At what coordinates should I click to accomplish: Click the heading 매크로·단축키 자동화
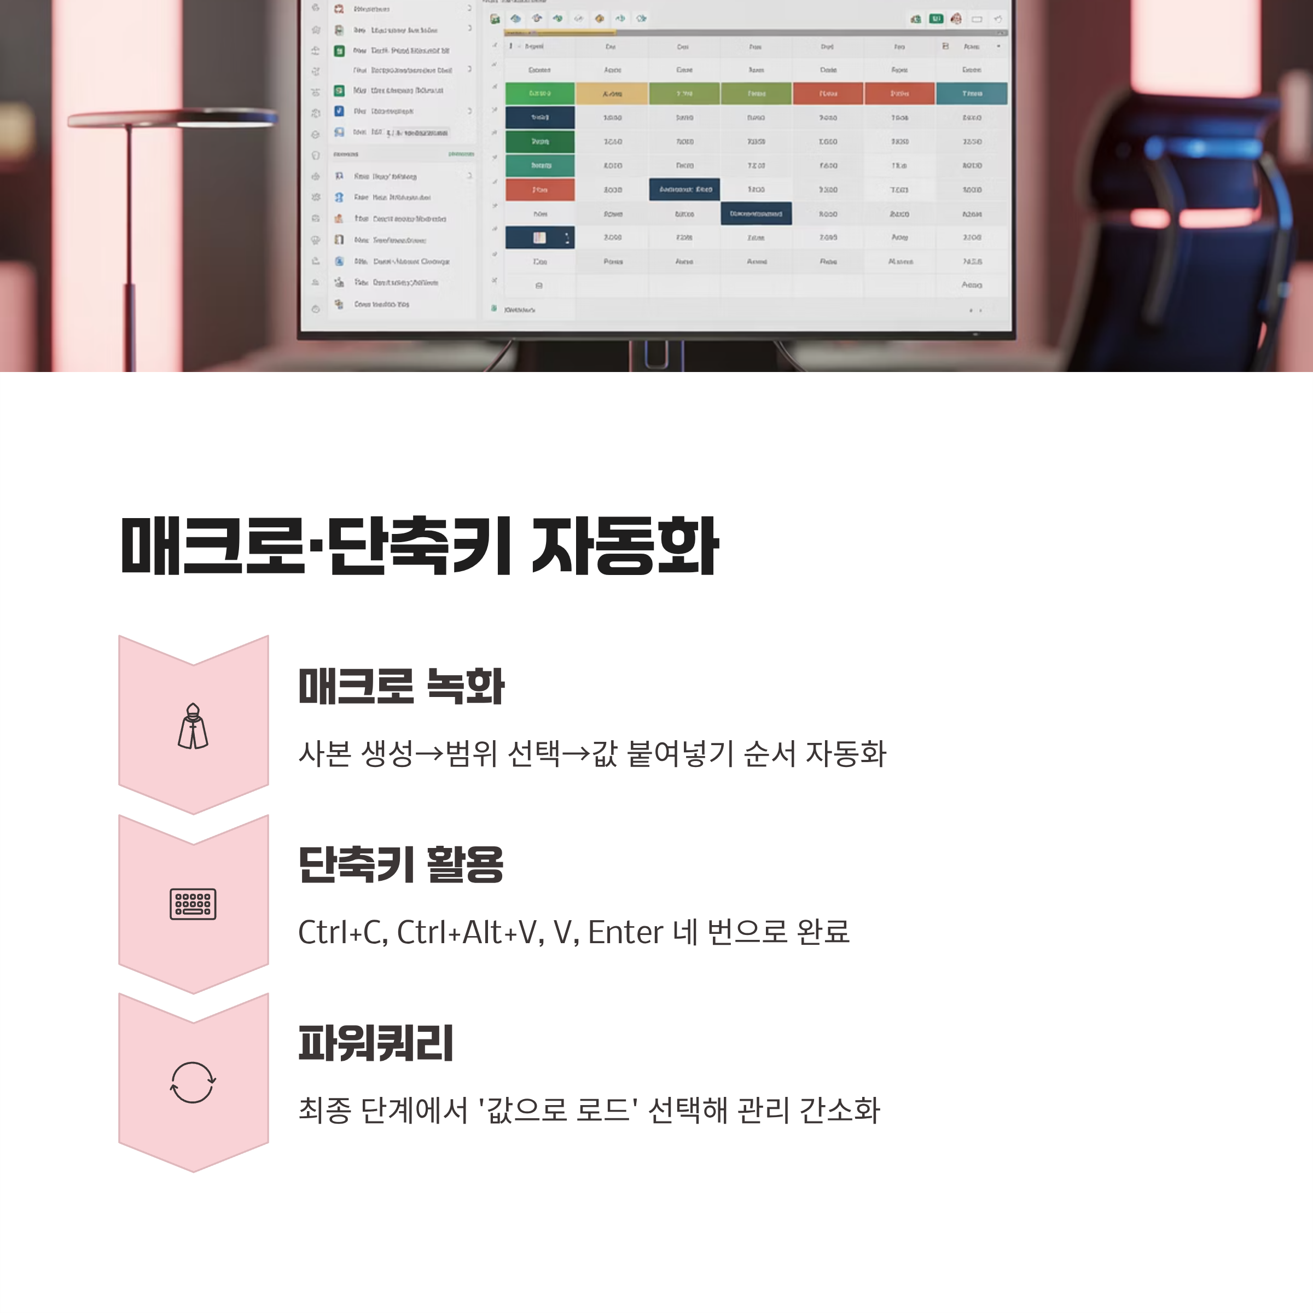coord(419,547)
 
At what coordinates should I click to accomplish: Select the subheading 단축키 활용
coord(401,864)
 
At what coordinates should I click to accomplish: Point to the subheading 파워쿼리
coord(376,1043)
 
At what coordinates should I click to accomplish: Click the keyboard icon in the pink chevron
coord(193,904)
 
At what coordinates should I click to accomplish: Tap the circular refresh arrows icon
coord(193,1083)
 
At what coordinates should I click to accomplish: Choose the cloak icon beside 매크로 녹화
coord(193,726)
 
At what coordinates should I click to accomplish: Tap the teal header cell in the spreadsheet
coord(971,94)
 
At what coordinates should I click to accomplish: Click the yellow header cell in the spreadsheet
coord(612,94)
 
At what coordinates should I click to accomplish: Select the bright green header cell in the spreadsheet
coord(539,94)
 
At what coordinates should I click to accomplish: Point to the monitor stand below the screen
coord(656,353)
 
